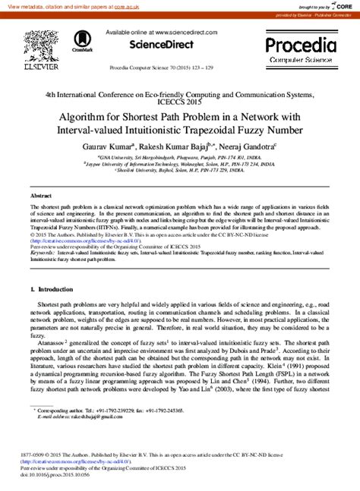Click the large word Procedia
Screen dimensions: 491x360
click(x=302, y=44)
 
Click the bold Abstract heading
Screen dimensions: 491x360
click(x=40, y=196)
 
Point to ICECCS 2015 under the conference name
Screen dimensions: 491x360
click(x=179, y=104)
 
